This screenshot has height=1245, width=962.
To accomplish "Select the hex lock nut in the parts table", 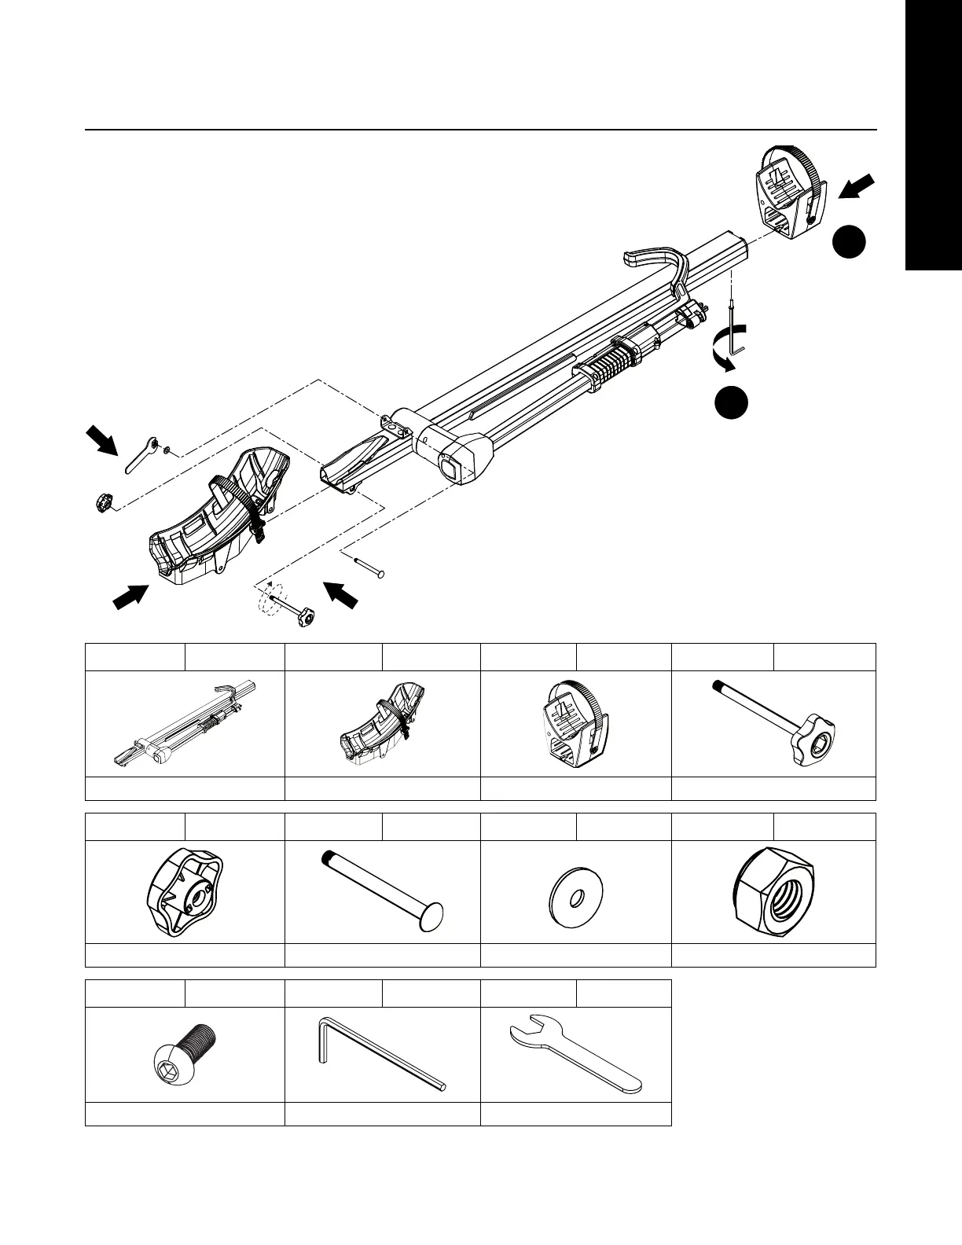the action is [773, 894].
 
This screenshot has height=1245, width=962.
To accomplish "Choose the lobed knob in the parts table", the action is [185, 894].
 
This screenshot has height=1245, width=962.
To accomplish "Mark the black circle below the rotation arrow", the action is [731, 402].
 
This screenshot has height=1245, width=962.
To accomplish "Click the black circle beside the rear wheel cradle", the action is [850, 242].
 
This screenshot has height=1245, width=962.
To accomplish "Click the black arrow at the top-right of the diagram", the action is [856, 188].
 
